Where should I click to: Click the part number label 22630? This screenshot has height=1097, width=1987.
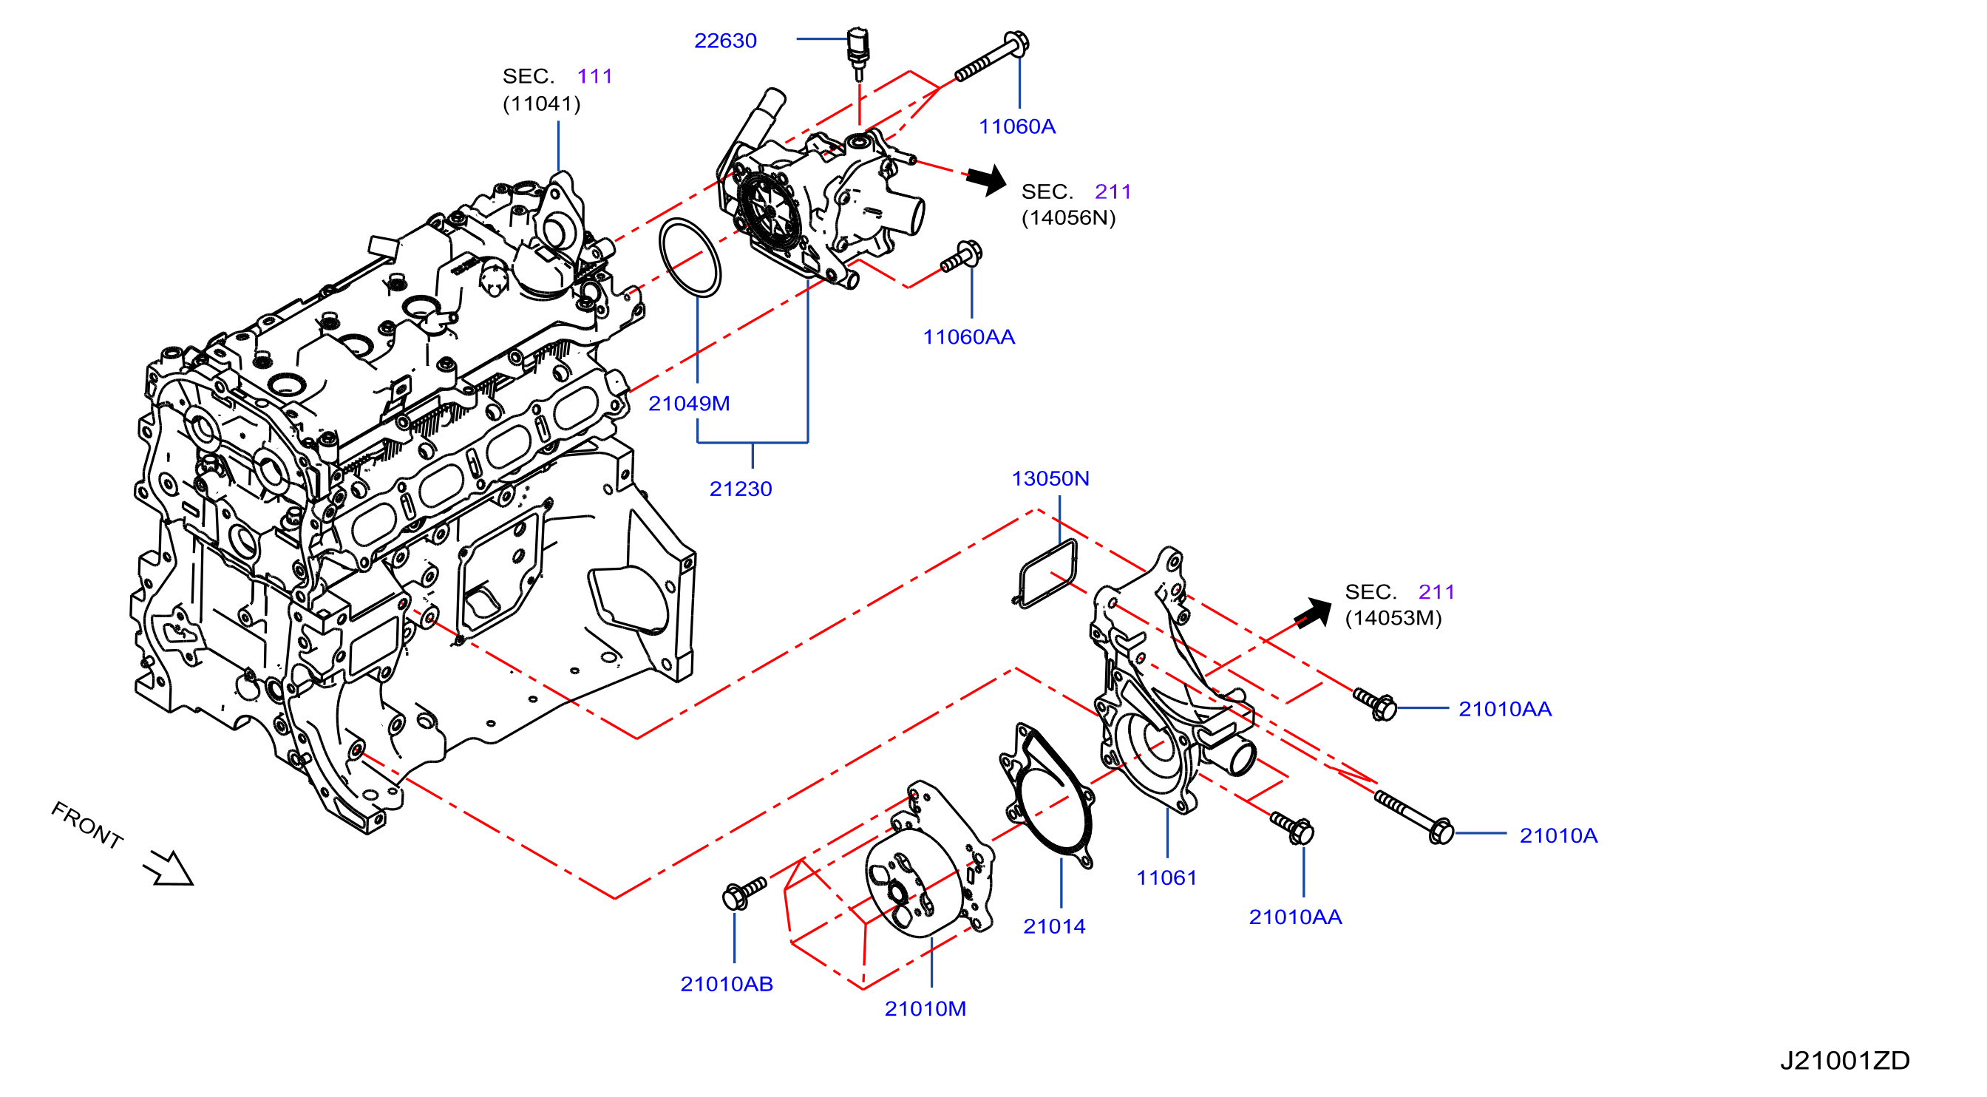coord(725,40)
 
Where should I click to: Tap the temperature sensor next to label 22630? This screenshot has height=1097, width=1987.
coord(857,53)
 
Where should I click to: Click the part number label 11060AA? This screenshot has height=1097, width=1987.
coord(969,336)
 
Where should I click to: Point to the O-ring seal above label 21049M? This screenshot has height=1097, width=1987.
coord(690,257)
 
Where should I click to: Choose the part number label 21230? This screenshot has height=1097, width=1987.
coord(741,489)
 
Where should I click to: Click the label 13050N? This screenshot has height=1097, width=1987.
coord(1050,478)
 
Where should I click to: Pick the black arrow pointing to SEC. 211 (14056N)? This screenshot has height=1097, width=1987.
coord(987,180)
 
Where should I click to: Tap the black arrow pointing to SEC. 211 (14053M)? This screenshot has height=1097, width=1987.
coord(1313,614)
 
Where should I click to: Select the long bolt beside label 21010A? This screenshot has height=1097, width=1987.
coord(1414,818)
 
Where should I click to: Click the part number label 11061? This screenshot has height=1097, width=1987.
coord(1166,877)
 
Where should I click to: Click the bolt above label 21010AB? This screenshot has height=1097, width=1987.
coord(744,892)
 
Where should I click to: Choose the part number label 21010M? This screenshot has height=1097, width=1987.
coord(925,1008)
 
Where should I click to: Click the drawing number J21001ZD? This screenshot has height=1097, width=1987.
coord(1844,1060)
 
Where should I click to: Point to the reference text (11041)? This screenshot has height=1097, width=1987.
coord(542,103)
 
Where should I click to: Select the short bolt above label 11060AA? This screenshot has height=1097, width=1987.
coord(961,257)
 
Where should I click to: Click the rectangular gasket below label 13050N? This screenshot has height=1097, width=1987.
coord(1047,573)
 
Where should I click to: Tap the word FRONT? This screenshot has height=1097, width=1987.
coord(87,825)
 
